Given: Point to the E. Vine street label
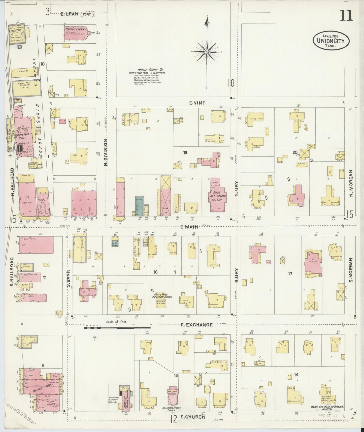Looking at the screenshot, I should [198, 103].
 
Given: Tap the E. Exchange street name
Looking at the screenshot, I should [196, 325].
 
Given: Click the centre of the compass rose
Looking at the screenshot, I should [207, 52].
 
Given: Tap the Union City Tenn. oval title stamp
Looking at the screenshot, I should [331, 40].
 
